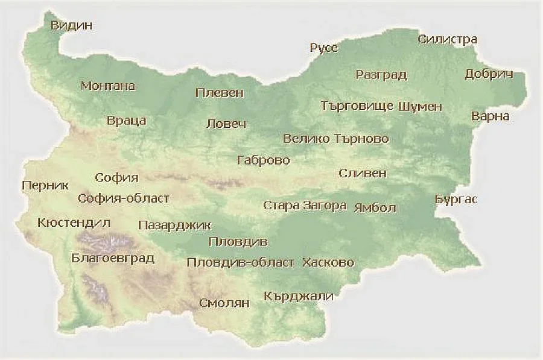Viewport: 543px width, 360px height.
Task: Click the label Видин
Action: [x=72, y=25]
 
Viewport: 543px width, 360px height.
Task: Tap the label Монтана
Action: [x=108, y=86]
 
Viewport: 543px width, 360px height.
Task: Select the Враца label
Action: [x=126, y=121]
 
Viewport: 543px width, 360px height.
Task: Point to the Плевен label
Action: [x=220, y=93]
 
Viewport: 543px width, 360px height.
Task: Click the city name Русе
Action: [x=324, y=48]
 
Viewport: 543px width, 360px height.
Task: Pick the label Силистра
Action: [x=448, y=39]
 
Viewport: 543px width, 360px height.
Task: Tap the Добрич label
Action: [x=489, y=74]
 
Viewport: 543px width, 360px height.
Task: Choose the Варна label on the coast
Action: [x=490, y=116]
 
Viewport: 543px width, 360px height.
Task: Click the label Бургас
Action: [x=456, y=199]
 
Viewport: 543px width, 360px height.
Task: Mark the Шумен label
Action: [x=420, y=107]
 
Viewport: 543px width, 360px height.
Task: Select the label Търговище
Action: [x=357, y=107]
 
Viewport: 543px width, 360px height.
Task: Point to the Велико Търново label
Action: [x=335, y=139]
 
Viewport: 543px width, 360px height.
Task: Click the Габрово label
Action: [x=264, y=160]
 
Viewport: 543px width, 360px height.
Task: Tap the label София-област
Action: [x=124, y=198]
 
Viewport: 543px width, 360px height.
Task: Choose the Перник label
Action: [x=45, y=186]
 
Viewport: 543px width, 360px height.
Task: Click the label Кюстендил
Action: [x=74, y=223]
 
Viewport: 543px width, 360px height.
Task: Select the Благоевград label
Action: [x=112, y=258]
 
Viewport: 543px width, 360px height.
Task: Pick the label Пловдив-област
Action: [x=241, y=263]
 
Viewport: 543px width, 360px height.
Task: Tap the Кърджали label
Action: [x=299, y=296]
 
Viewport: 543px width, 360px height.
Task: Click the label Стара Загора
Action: [x=305, y=206]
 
